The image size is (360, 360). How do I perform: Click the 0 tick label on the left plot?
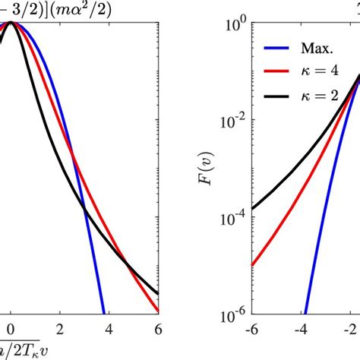[x=10, y=328]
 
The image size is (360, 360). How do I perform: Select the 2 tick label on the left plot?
[x=60, y=328]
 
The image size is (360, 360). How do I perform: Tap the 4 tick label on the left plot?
[x=109, y=328]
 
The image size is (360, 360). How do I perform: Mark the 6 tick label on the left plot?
[x=158, y=328]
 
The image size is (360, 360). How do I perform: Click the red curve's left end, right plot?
[x=252, y=265]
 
